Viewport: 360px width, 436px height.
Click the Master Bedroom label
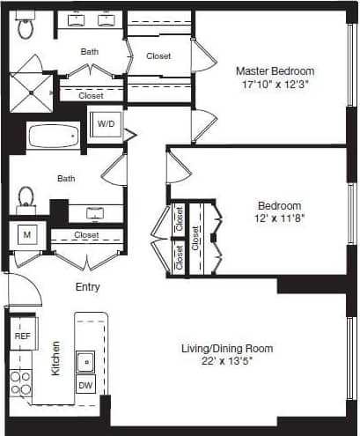pos(276,70)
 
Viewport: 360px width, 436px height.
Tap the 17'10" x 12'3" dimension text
pos(276,85)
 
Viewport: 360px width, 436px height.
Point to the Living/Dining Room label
pos(228,348)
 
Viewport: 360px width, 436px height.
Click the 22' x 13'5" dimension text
pos(228,361)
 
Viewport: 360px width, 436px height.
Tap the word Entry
pos(87,287)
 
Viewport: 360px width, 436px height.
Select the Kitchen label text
pos(55,358)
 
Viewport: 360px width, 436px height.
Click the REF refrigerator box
pos(22,336)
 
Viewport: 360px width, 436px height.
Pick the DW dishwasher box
pos(85,386)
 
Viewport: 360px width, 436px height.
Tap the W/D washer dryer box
pos(106,124)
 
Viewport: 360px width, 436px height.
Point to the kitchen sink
pos(86,360)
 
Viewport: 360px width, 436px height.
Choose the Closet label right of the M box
pos(86,235)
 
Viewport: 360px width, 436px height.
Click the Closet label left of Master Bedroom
pos(158,55)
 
